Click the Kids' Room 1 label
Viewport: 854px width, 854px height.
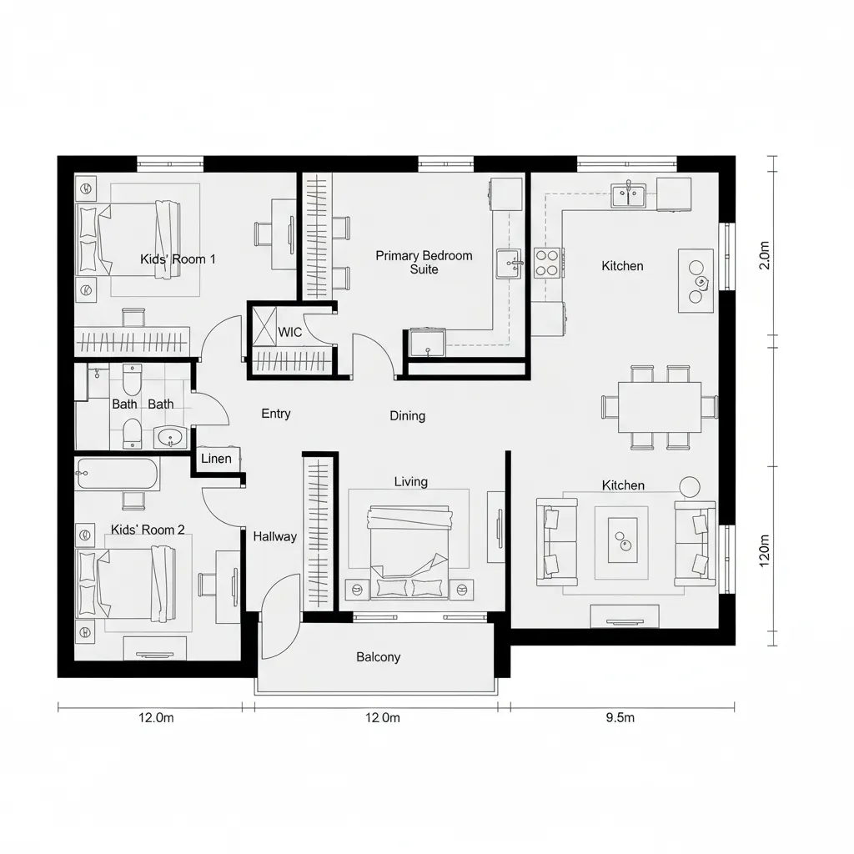click(x=178, y=259)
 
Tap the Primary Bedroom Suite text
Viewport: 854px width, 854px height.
click(x=424, y=263)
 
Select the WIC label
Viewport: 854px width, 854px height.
click(x=290, y=332)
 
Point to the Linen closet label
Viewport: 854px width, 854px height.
click(x=217, y=459)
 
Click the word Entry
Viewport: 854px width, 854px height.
click(x=276, y=414)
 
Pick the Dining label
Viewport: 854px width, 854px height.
click(x=407, y=415)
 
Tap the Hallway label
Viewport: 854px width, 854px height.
click(x=274, y=536)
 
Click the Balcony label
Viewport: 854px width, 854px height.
click(x=378, y=657)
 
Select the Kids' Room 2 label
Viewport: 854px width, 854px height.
click(x=148, y=530)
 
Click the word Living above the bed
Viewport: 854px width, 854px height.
click(x=410, y=481)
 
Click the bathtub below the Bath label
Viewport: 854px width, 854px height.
click(x=117, y=475)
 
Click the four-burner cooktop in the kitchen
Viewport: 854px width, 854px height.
click(x=546, y=263)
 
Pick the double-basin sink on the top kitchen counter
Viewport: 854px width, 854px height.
click(x=628, y=195)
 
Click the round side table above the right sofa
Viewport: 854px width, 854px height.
click(x=690, y=486)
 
